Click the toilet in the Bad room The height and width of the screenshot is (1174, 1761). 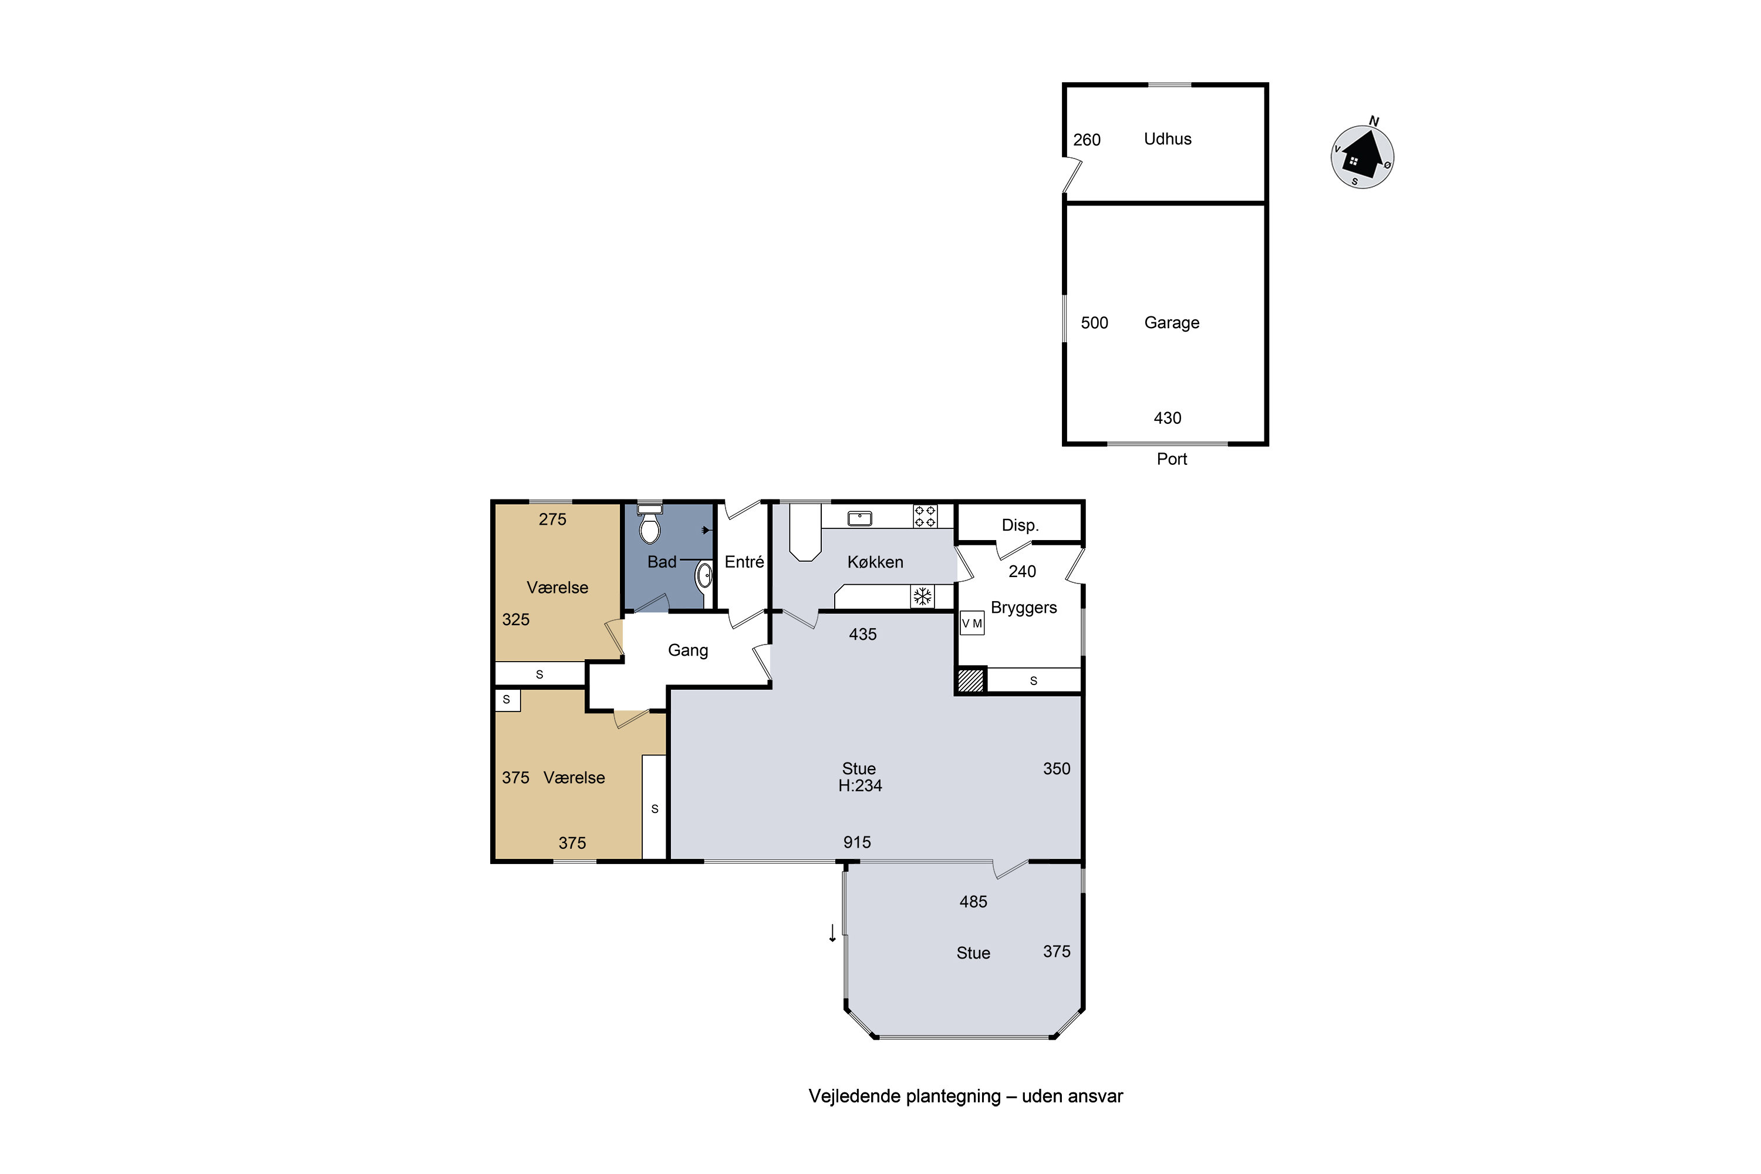(649, 524)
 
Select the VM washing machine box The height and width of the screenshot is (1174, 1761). (972, 623)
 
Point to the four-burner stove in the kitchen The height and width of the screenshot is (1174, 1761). (925, 517)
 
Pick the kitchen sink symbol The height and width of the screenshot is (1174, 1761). (859, 518)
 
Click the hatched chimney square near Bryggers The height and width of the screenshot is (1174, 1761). (971, 680)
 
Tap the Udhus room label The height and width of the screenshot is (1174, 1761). (1168, 139)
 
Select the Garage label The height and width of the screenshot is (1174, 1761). (1172, 323)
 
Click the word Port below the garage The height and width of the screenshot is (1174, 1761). (1172, 459)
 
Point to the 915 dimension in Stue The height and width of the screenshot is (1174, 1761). (857, 842)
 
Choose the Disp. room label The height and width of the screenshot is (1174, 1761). (1021, 525)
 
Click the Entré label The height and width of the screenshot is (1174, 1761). (744, 562)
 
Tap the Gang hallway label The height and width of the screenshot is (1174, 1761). (688, 650)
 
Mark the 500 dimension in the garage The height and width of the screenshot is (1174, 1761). (1095, 323)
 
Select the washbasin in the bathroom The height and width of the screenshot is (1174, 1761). (704, 576)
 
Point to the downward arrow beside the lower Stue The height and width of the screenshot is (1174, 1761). (832, 933)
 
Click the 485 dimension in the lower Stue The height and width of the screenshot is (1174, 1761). (973, 902)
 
